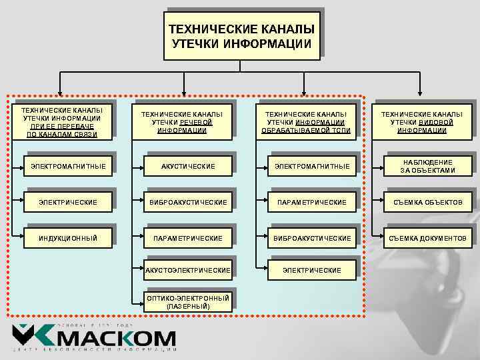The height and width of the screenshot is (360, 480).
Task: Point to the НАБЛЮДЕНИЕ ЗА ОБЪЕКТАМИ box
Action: coord(427,166)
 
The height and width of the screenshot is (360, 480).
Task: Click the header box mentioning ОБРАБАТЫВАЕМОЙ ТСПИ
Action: coord(306,122)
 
